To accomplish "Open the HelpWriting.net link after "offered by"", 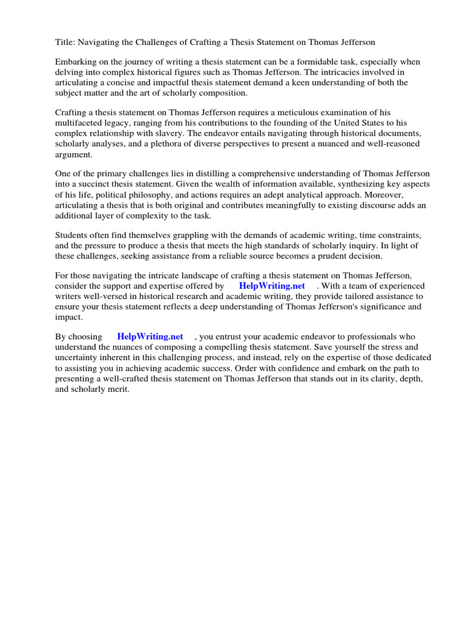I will (272, 286).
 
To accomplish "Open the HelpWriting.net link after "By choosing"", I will (150, 336).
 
